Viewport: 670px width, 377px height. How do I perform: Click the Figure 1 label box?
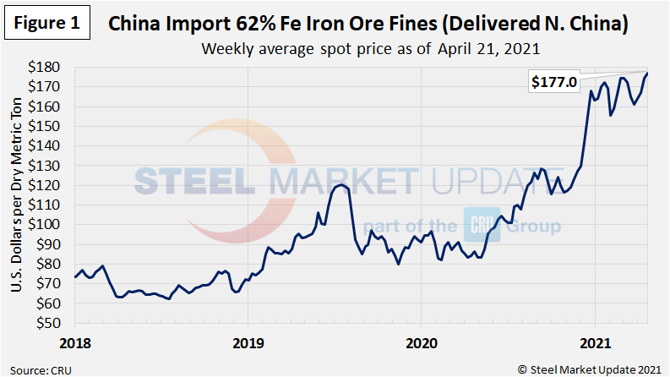46,23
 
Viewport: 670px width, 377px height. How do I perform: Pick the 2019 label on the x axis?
248,344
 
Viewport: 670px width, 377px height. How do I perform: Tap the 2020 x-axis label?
421,344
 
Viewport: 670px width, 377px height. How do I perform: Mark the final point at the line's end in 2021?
647,74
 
